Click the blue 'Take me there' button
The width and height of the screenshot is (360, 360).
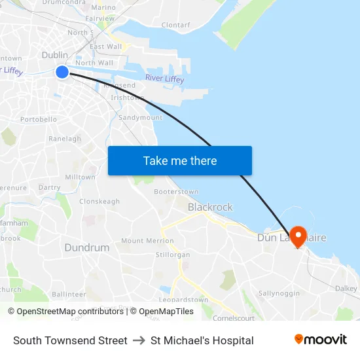pyautogui.click(x=180, y=161)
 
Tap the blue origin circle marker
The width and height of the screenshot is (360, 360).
pyautogui.click(x=62, y=72)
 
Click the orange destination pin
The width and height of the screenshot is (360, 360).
pyautogui.click(x=298, y=236)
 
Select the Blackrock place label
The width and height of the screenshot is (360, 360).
pyautogui.click(x=210, y=207)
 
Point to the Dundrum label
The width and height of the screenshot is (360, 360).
pyautogui.click(x=86, y=247)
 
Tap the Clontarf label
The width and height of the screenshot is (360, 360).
pyautogui.click(x=175, y=25)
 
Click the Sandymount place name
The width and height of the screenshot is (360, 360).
pyautogui.click(x=140, y=118)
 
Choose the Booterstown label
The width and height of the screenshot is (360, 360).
pyautogui.click(x=176, y=192)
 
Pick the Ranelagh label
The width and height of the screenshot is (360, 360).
pyautogui.click(x=65, y=139)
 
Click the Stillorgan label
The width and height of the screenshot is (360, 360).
pyautogui.click(x=173, y=254)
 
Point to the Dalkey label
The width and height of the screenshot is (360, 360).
pyautogui.click(x=346, y=288)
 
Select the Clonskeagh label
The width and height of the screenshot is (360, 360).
pyautogui.click(x=99, y=202)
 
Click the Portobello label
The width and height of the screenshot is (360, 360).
pyautogui.click(x=39, y=120)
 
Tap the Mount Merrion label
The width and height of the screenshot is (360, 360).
pyautogui.click(x=147, y=241)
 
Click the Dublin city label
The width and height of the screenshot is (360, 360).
pyautogui.click(x=55, y=55)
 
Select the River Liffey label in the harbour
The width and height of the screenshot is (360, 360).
pyautogui.click(x=164, y=79)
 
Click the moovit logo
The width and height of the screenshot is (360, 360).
pyautogui.click(x=320, y=340)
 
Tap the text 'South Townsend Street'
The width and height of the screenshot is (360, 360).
pyautogui.click(x=70, y=340)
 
